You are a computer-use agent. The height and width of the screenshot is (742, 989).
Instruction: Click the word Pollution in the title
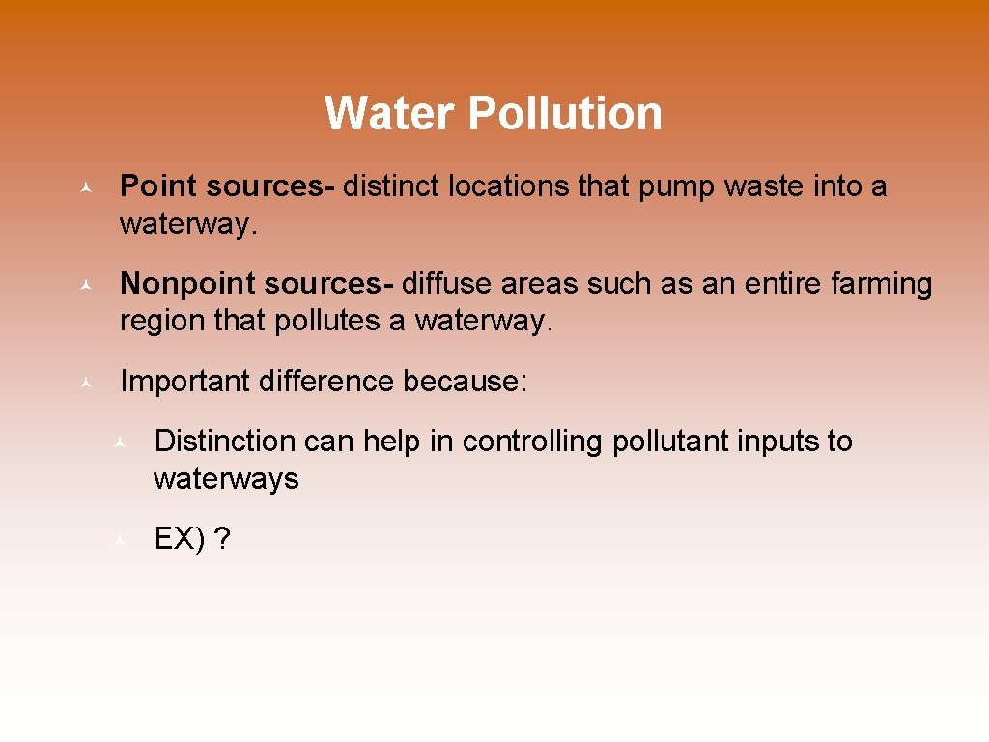click(565, 113)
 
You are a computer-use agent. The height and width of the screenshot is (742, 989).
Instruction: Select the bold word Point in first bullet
click(158, 186)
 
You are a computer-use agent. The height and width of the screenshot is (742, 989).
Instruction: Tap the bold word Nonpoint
click(187, 284)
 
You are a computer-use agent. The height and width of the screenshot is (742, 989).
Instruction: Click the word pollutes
click(328, 321)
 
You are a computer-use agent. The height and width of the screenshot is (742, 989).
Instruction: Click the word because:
click(466, 382)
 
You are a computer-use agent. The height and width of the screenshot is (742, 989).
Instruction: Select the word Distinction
click(225, 442)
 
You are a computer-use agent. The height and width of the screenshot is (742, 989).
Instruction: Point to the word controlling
click(533, 442)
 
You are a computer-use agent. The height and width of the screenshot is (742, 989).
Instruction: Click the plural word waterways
click(226, 479)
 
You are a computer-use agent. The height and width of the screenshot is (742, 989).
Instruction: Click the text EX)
click(180, 539)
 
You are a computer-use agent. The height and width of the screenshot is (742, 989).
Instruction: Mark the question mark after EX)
click(223, 539)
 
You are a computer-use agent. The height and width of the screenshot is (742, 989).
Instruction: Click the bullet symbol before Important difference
click(86, 383)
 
